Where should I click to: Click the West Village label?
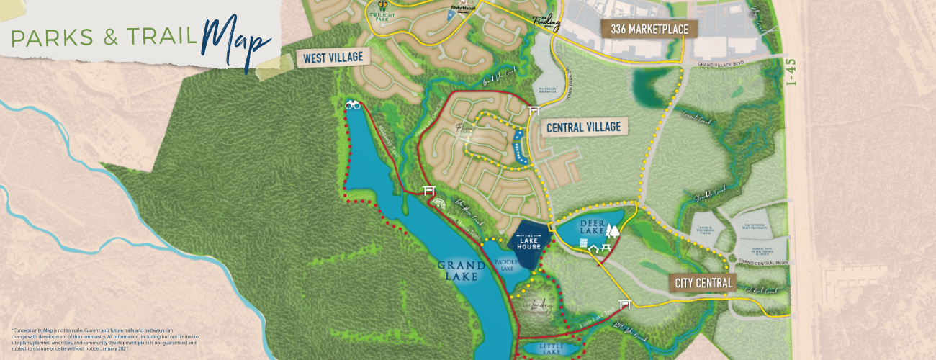coord(333,57)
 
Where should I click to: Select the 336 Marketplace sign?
coord(649,30)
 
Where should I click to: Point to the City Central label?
coord(705,283)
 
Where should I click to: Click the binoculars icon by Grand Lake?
coord(353,105)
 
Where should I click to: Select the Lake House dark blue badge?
coord(529,243)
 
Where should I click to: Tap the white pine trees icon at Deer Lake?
coord(613,231)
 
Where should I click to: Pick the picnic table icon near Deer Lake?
coord(605,248)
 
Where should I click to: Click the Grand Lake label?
coord(460,269)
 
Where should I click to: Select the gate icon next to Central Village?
coord(534,112)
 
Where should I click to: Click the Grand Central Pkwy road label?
coord(760,263)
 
